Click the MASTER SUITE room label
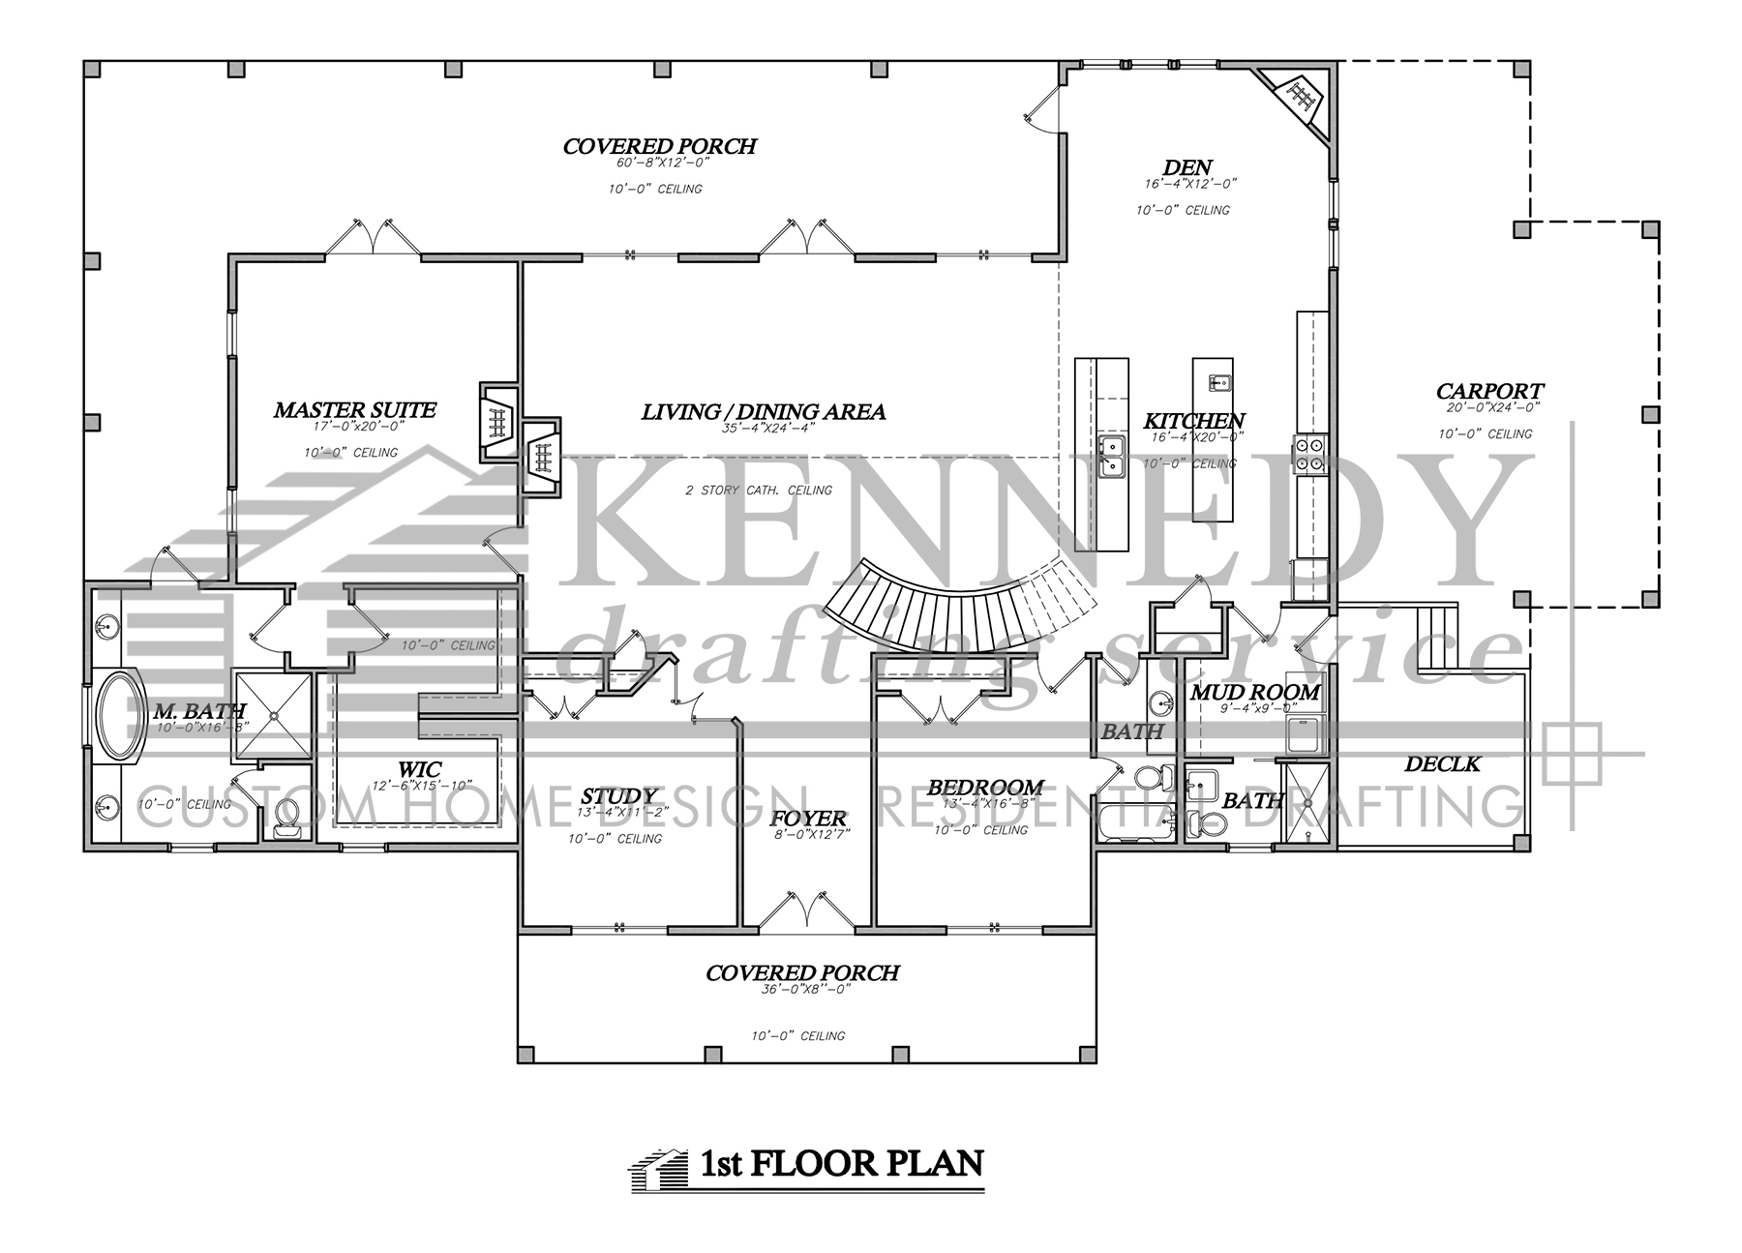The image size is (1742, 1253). pyautogui.click(x=354, y=410)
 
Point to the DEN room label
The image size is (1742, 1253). pyautogui.click(x=1187, y=168)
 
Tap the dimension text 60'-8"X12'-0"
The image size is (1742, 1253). pyautogui.click(x=659, y=164)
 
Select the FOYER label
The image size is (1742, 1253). pyautogui.click(x=809, y=819)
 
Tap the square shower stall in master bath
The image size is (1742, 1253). pyautogui.click(x=274, y=716)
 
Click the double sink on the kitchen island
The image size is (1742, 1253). pyautogui.click(x=1111, y=456)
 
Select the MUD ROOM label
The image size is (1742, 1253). pyautogui.click(x=1254, y=692)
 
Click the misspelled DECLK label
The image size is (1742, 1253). pyautogui.click(x=1442, y=764)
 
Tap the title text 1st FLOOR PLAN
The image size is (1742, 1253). pyautogui.click(x=837, y=1162)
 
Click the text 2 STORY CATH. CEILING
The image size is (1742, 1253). pyautogui.click(x=758, y=491)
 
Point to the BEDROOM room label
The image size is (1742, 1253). pyautogui.click(x=985, y=788)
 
